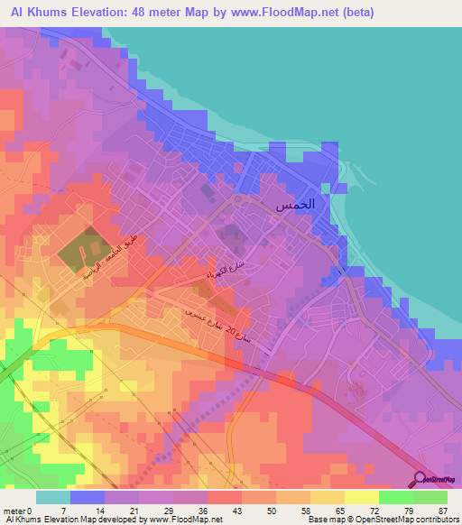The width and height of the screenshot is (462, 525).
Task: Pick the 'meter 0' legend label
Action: [x=19, y=510]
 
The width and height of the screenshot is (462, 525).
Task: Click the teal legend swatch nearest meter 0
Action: [x=53, y=497]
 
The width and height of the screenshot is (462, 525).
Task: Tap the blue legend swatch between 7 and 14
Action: [x=88, y=497]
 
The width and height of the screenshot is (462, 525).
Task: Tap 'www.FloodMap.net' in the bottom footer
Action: [x=172, y=520]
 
